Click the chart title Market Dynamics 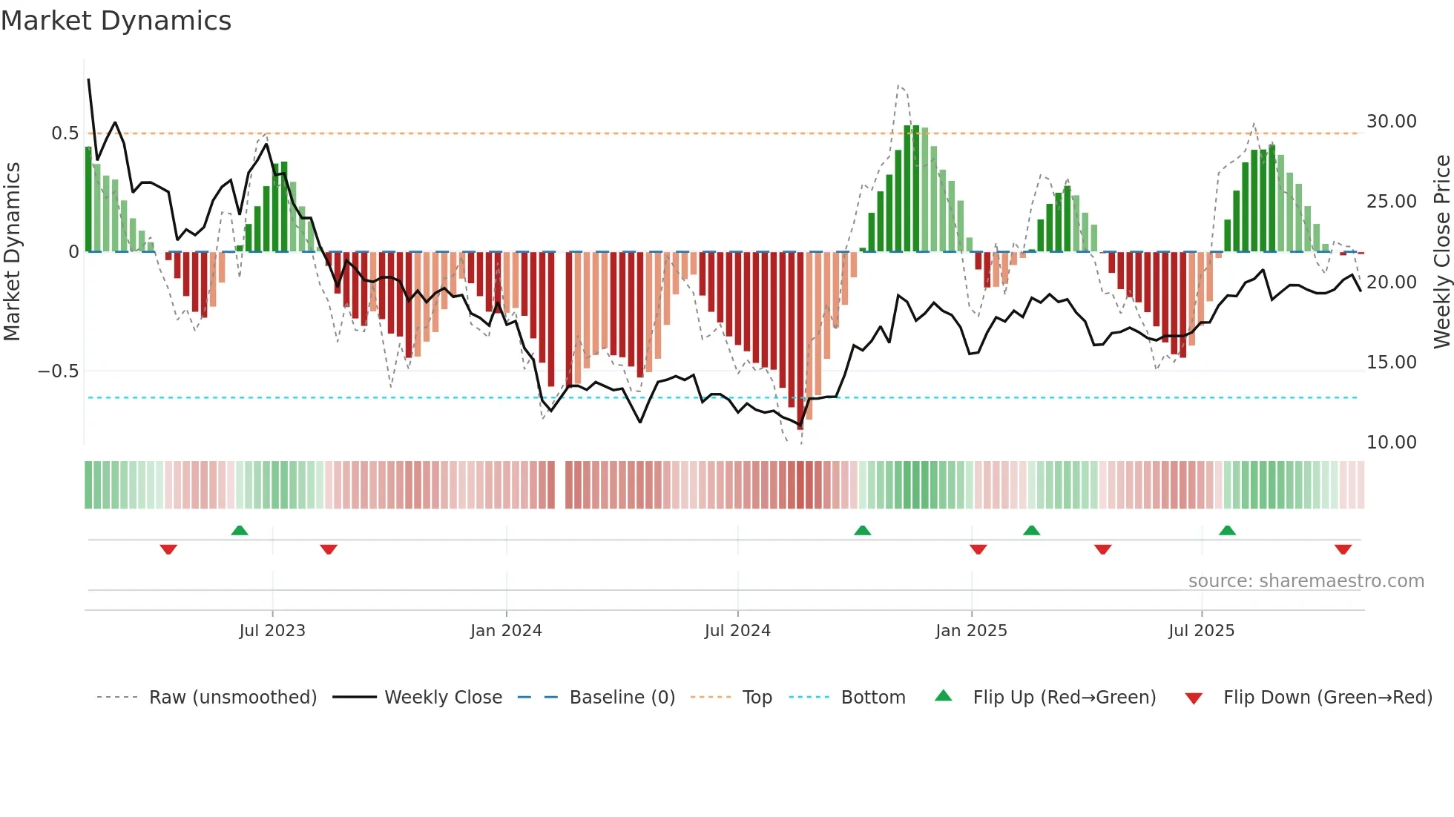click(116, 21)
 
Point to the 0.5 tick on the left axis click(65, 133)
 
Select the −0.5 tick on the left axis click(58, 371)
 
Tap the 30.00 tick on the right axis click(1391, 122)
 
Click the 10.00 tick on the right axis click(1391, 443)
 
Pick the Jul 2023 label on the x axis click(272, 631)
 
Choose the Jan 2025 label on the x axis click(971, 631)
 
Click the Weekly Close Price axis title click(1441, 252)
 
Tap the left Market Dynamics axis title click(12, 252)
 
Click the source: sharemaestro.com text click(1306, 581)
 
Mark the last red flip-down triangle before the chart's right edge click(1343, 549)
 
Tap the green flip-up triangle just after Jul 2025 click(1227, 530)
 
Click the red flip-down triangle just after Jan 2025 click(978, 549)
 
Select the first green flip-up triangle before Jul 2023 click(239, 530)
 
